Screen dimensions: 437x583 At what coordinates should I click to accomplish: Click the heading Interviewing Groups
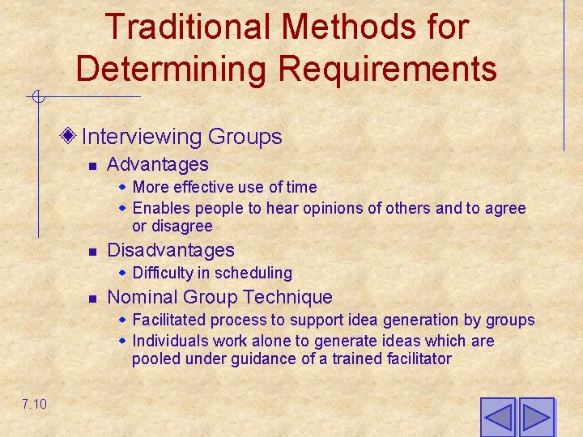tap(181, 137)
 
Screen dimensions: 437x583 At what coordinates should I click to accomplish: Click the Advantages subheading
tap(157, 164)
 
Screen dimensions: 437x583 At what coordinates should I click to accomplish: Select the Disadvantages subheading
tap(170, 250)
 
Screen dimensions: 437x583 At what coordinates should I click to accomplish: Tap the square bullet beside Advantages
tap(93, 166)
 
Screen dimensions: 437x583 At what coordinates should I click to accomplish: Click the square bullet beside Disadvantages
tap(93, 252)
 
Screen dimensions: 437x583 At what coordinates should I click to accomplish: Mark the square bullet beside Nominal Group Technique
tap(93, 299)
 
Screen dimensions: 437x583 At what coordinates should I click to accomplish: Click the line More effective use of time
tap(224, 187)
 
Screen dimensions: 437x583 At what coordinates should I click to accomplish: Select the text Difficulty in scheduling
tap(211, 273)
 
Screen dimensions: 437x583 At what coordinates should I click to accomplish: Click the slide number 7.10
tap(34, 404)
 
